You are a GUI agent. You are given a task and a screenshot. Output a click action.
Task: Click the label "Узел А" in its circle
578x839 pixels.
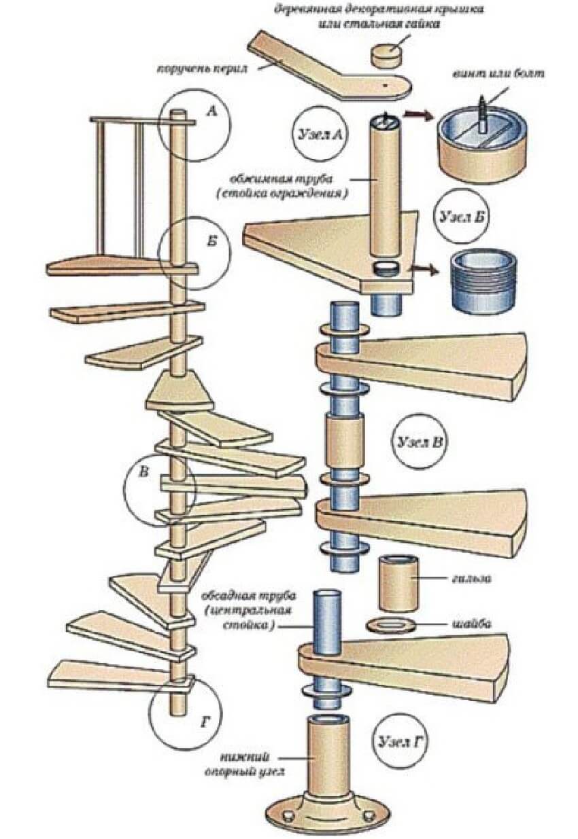point(318,133)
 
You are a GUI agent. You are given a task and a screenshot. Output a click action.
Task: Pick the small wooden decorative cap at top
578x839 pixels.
point(386,54)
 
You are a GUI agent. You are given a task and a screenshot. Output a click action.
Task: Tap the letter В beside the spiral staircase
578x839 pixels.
point(143,474)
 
